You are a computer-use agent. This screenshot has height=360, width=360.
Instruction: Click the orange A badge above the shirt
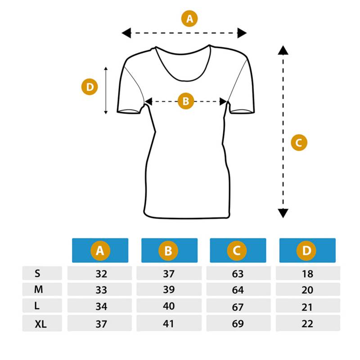[189, 18]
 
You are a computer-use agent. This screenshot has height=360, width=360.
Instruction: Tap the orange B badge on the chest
[186, 101]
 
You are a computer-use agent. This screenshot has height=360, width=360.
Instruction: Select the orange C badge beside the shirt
[299, 143]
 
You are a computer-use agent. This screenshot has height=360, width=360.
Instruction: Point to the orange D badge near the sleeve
[90, 87]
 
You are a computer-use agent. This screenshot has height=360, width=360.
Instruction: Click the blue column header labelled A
[100, 250]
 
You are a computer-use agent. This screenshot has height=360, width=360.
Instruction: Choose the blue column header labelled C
[238, 250]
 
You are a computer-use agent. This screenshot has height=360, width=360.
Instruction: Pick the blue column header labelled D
[307, 250]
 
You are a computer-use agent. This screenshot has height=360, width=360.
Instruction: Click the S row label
[37, 273]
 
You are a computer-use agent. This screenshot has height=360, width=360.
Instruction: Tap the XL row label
[40, 324]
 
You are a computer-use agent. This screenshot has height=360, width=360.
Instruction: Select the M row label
[38, 289]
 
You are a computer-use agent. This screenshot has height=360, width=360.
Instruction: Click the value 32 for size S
[101, 274]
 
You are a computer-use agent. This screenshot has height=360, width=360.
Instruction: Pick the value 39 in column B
[169, 289]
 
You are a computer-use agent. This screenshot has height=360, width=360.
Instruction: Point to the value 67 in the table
[238, 307]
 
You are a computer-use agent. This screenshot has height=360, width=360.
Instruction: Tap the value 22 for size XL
[307, 324]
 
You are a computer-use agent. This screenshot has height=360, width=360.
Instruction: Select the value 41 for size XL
[168, 324]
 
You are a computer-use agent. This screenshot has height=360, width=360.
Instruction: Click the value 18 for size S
[307, 274]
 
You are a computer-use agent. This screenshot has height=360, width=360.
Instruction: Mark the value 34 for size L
[101, 306]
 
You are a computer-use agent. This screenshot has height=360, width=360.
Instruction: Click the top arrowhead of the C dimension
[283, 50]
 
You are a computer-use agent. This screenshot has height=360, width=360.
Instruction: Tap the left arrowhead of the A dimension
[126, 33]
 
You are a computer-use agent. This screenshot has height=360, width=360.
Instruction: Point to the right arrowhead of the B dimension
[223, 101]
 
